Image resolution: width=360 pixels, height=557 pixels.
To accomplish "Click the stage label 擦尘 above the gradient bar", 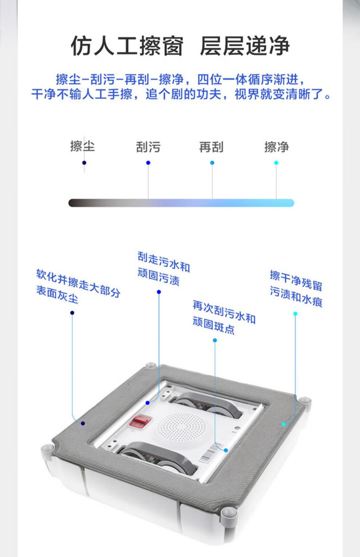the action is click(x=83, y=146).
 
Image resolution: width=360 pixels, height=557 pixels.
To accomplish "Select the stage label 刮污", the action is click(x=148, y=147).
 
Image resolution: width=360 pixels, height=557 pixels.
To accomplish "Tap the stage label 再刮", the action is click(x=211, y=147).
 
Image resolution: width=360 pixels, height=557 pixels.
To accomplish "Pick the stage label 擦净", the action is click(x=276, y=147).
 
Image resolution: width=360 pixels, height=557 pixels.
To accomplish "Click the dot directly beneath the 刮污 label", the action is click(x=148, y=163).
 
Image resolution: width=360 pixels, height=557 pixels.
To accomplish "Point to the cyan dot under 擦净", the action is click(x=276, y=163).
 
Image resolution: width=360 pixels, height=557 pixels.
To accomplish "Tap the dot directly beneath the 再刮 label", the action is click(x=212, y=163).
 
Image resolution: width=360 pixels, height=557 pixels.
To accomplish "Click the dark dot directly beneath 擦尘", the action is click(x=84, y=163).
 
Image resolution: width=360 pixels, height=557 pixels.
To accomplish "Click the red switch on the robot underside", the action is click(x=141, y=421).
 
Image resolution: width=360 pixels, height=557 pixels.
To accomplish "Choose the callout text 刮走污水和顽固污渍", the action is click(x=163, y=269).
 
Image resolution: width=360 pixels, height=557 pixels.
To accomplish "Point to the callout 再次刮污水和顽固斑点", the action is click(x=224, y=317).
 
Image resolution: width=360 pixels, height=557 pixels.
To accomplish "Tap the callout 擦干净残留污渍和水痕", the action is click(x=296, y=288).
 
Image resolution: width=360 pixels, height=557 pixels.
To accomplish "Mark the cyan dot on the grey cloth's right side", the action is click(x=284, y=424).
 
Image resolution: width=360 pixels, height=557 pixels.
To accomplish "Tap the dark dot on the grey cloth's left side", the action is click(x=83, y=423).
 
